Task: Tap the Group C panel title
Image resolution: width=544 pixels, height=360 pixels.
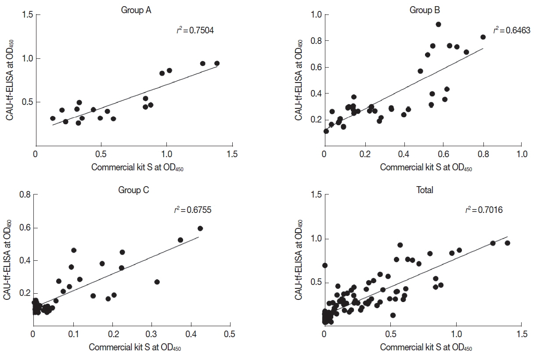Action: pyautogui.click(x=133, y=190)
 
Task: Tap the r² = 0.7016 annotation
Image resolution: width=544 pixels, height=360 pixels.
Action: pyautogui.click(x=484, y=210)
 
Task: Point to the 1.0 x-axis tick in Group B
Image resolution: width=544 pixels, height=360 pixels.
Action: pyautogui.click(x=522, y=154)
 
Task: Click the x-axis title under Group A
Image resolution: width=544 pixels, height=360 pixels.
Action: pyautogui.click(x=137, y=168)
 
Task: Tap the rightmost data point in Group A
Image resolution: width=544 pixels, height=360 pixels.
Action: pyautogui.click(x=216, y=63)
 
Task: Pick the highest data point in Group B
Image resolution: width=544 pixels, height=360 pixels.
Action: pyautogui.click(x=438, y=24)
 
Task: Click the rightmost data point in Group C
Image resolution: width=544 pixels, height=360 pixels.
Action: pyautogui.click(x=200, y=228)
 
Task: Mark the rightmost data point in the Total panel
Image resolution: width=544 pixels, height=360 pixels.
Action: pyautogui.click(x=507, y=243)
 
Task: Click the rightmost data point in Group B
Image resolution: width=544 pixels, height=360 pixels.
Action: pyautogui.click(x=483, y=37)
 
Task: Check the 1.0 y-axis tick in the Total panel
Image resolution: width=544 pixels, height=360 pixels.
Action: pyautogui.click(x=315, y=239)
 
